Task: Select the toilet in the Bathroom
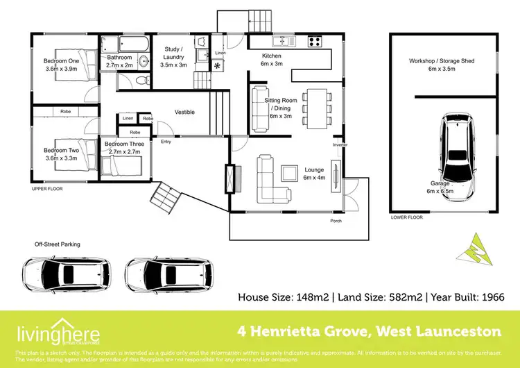142,81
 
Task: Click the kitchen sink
284,40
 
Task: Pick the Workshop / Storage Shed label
441,65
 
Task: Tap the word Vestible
184,112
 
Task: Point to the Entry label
166,142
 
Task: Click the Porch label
335,221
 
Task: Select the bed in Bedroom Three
123,165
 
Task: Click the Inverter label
340,144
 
